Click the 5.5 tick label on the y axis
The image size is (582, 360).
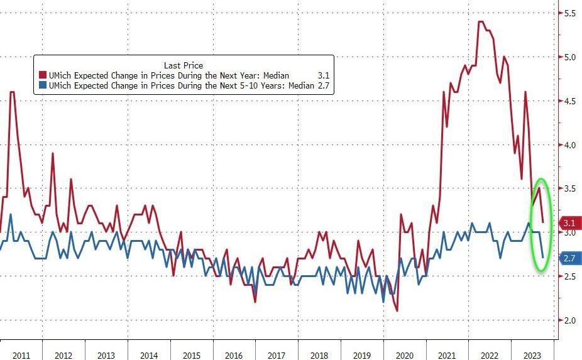click(x=569, y=13)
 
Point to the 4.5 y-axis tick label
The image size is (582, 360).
click(x=569, y=101)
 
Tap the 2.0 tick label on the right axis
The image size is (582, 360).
click(x=569, y=320)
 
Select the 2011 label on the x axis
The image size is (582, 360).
click(x=21, y=354)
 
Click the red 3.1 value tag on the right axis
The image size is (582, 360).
click(x=568, y=223)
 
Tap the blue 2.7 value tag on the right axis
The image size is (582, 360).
click(x=568, y=258)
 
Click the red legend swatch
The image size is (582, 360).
click(x=42, y=76)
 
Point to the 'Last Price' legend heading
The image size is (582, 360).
click(x=183, y=65)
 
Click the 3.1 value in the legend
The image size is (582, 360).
click(x=324, y=76)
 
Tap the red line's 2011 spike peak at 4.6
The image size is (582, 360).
click(x=12, y=92)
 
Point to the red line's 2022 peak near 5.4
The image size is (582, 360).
click(x=481, y=22)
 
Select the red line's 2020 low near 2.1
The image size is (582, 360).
click(x=397, y=310)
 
